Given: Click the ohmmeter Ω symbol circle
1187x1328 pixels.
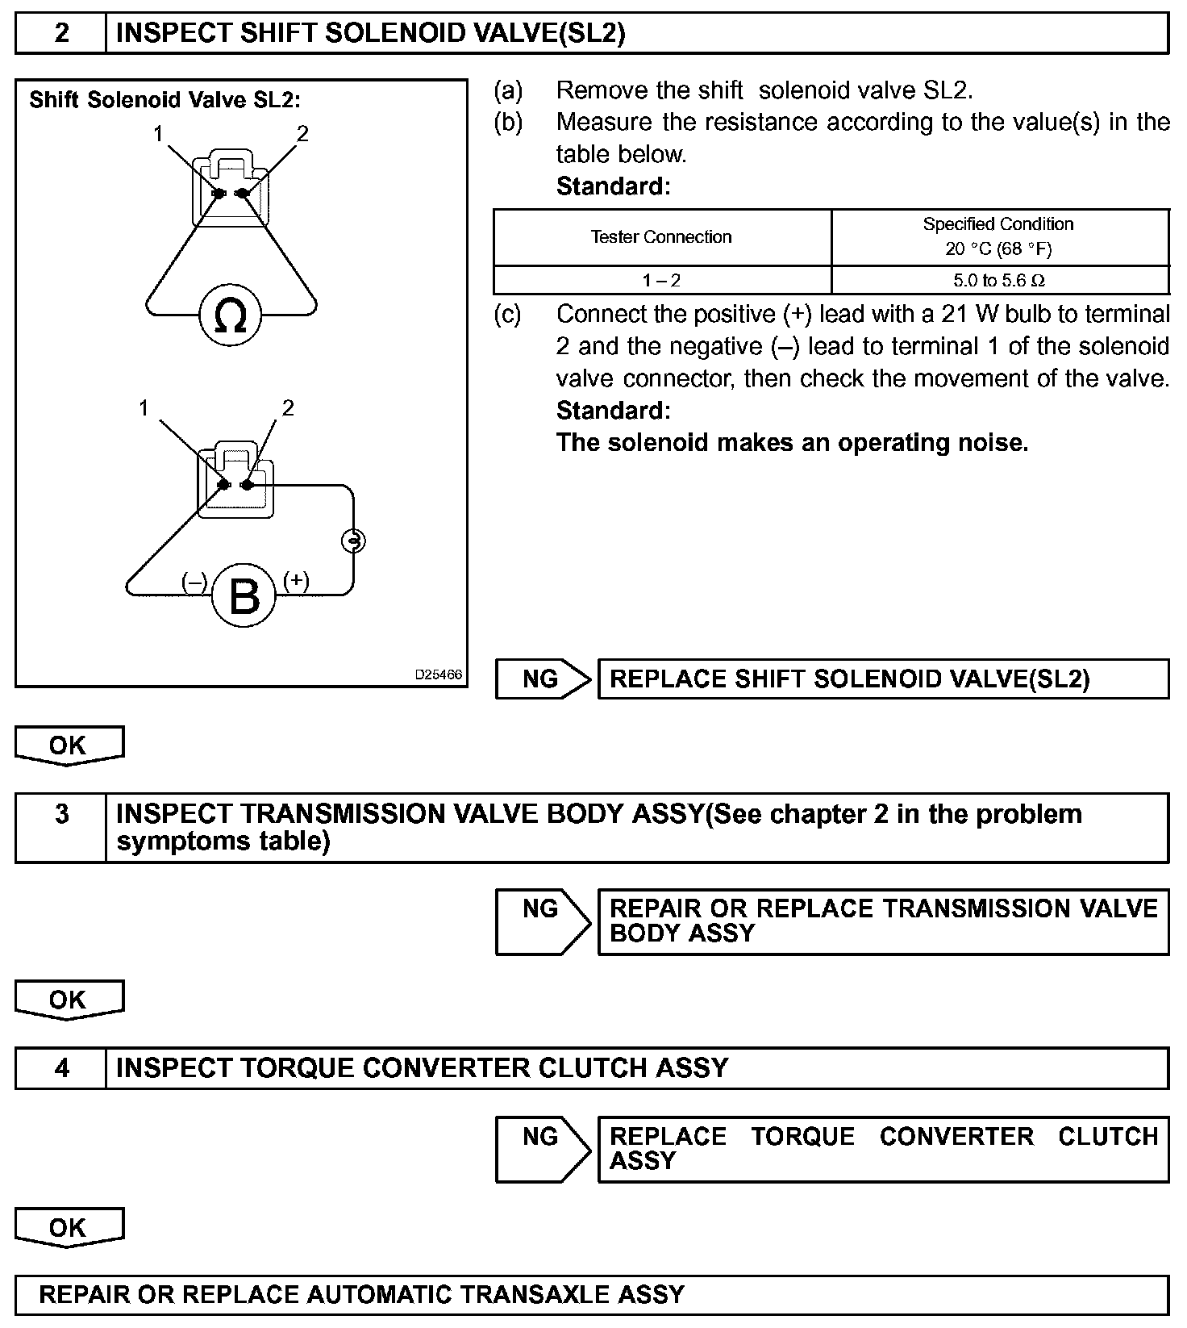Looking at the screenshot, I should coord(231,315).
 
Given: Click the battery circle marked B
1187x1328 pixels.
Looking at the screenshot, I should coord(244,595).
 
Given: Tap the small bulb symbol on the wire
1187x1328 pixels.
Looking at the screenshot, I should coord(353,541).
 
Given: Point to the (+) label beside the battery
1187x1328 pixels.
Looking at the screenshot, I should coord(296,580).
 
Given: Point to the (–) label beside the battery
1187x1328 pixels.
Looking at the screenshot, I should coord(194,582).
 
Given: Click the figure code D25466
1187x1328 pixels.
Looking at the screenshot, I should coord(439,674).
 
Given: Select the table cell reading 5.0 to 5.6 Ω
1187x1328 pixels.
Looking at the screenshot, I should coord(999,281).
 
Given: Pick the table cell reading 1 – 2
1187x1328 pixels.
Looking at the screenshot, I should coord(661,281).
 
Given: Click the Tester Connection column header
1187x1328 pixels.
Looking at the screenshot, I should coord(661,237).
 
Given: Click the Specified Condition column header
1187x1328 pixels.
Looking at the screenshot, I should coord(998,236).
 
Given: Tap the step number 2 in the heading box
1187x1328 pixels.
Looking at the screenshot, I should coord(61,33).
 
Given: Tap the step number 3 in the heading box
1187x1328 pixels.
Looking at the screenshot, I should coord(61,814).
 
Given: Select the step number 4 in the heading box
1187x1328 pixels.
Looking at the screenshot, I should coord(61,1068).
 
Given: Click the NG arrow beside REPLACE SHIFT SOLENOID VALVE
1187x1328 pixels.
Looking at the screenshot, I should coord(542,679).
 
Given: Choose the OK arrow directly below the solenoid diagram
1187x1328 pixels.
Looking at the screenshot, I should coord(69,745).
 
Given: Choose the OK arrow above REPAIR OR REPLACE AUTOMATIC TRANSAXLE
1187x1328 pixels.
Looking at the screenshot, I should coord(69,1227).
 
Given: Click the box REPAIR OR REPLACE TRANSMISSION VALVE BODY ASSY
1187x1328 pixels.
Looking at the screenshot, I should coord(883,921).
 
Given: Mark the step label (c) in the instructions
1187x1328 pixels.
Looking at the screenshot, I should coord(508,314).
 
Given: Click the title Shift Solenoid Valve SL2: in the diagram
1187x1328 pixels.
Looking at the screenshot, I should coord(165,100).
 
